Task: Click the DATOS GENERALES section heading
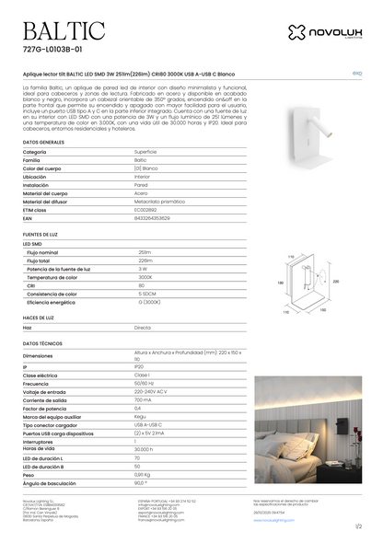(x=43, y=144)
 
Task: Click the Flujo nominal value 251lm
(x=145, y=251)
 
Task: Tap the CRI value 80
(x=141, y=284)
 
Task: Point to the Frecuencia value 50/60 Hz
(x=145, y=384)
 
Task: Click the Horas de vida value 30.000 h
(x=145, y=449)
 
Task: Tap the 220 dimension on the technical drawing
(x=336, y=282)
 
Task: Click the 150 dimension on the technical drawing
(x=322, y=310)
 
